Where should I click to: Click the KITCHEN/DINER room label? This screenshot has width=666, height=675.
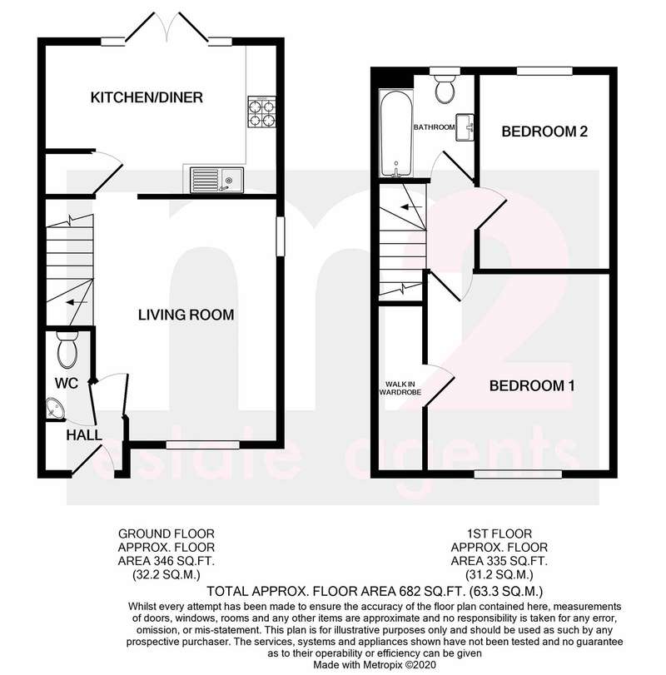click(x=147, y=97)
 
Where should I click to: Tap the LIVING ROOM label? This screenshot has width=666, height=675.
click(x=186, y=315)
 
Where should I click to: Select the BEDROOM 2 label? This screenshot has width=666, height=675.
click(x=544, y=132)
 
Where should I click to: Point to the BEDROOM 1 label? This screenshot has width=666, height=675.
click(x=532, y=385)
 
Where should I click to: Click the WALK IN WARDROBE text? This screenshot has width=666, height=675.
click(x=400, y=388)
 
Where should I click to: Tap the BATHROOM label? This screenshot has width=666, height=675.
click(x=434, y=127)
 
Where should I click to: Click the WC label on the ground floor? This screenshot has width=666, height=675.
click(x=67, y=383)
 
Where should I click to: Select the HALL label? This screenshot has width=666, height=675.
click(x=84, y=434)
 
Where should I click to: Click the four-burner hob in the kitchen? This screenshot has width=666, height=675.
click(x=261, y=112)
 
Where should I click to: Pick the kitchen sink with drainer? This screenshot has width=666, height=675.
click(x=216, y=180)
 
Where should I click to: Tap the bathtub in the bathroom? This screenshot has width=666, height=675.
click(x=396, y=133)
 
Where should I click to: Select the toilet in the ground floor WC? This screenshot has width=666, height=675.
click(x=67, y=349)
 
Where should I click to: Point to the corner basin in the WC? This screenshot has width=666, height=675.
click(x=54, y=408)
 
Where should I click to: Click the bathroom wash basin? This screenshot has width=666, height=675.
click(x=465, y=127)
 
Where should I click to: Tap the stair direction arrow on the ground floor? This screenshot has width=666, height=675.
click(x=77, y=303)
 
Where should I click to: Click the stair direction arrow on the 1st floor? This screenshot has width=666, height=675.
click(x=411, y=207)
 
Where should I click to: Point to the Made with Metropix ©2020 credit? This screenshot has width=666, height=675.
click(x=375, y=665)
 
